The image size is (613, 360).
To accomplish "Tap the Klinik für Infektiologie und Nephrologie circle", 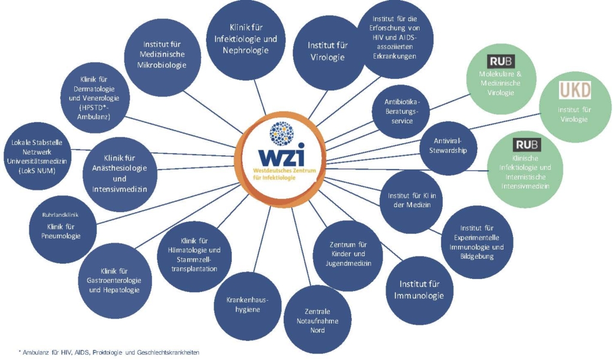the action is pos(245,40).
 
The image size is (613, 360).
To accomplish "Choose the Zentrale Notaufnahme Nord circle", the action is pos(317,320).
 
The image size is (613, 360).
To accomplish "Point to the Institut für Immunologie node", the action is pos(420,290).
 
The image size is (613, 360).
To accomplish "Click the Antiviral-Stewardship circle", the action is pos(448,146).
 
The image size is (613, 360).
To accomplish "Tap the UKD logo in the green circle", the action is pos(575,90).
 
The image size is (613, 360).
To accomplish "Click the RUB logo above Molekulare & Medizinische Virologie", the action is pos(501,61).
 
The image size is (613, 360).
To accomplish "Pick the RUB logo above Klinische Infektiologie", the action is pos(527,145).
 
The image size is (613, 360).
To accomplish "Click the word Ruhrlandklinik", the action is pos(60,215).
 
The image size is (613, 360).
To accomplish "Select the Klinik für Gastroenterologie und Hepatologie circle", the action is pos(115,280).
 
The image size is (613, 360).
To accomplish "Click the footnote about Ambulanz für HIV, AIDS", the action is pos(109,353).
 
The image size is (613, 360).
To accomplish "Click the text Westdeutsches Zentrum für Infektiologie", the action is pos(284,174).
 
